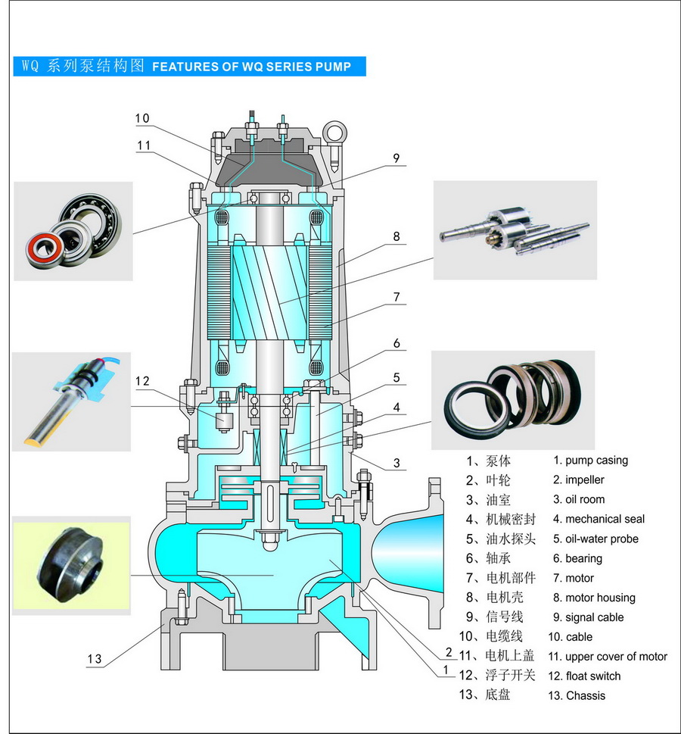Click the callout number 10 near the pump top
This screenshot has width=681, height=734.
(x=142, y=118)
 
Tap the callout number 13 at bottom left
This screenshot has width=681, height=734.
(x=94, y=659)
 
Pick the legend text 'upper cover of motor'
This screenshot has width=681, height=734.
(x=617, y=656)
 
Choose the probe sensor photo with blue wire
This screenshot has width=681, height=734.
(x=72, y=401)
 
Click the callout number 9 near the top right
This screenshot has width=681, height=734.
(x=395, y=158)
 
